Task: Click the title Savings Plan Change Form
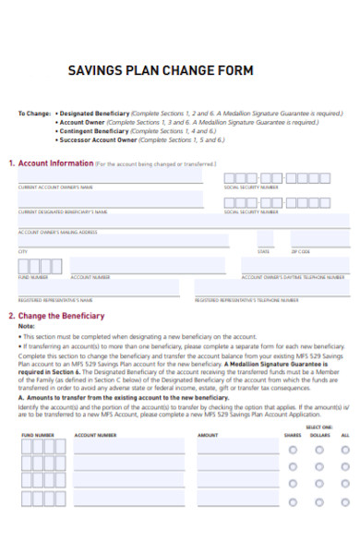tap(161, 70)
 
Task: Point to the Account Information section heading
tap(55, 163)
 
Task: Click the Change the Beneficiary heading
tap(61, 315)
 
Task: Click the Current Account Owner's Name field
tap(111, 176)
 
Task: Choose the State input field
tap(270, 243)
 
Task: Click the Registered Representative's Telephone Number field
tap(272, 289)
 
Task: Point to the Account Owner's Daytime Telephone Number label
tap(293, 276)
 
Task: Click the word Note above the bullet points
tap(27, 326)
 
